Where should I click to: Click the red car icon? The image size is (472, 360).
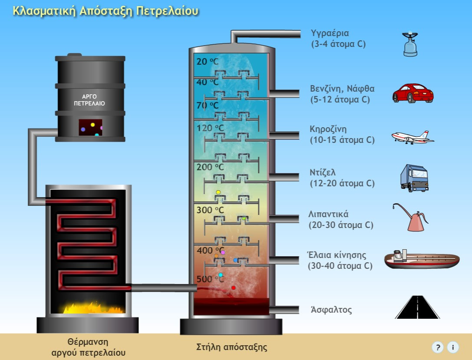tap(413, 93)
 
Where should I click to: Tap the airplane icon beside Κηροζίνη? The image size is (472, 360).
tap(413, 137)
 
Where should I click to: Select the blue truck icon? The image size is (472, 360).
tap(415, 178)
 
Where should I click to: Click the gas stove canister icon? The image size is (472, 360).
tap(410, 44)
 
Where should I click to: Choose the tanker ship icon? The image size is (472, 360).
tap(422, 259)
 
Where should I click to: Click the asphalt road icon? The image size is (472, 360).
tap(417, 307)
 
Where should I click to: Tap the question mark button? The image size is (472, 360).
tap(438, 347)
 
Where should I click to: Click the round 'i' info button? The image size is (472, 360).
tap(453, 347)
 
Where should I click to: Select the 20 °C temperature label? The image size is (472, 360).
tap(208, 62)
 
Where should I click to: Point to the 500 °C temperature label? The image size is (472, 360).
tap(210, 279)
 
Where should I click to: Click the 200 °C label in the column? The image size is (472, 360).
tap(210, 167)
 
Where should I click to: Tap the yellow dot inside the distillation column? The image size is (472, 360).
tap(218, 192)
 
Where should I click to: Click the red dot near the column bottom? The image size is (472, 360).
tap(233, 288)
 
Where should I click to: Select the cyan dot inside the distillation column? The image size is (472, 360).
tap(221, 275)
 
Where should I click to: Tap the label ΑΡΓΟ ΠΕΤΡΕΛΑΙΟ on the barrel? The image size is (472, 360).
tap(89, 100)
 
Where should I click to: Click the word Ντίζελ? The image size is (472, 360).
tap(323, 172)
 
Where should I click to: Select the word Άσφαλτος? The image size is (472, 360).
tap(331, 310)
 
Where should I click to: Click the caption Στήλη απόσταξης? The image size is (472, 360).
tap(232, 347)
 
